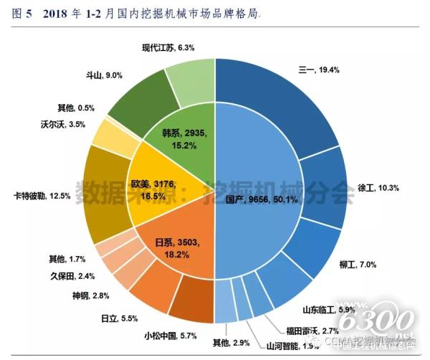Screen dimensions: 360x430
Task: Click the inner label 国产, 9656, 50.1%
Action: (x=252, y=199)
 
